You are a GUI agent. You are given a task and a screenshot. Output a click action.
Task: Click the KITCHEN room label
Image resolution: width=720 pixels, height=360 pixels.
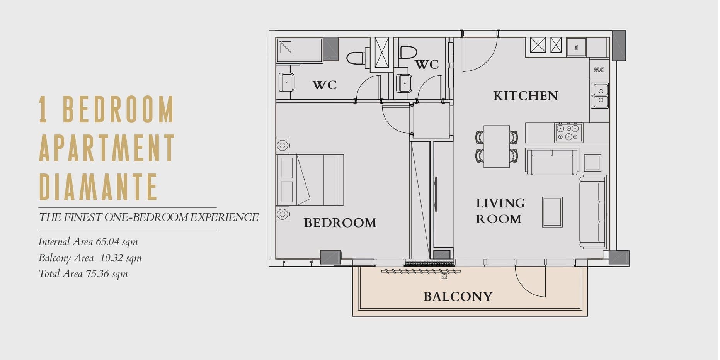(x=526, y=95)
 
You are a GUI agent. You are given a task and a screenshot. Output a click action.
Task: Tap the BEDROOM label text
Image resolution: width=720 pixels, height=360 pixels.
(x=340, y=223)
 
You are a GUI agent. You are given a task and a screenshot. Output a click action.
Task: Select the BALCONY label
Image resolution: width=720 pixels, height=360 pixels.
(x=458, y=297)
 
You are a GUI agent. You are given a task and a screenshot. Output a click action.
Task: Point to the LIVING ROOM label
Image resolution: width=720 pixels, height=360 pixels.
(x=500, y=211)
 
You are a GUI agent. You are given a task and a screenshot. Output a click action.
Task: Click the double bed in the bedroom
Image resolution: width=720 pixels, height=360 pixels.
(x=310, y=180)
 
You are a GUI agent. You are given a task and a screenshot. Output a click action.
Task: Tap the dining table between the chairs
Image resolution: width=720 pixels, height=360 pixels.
(x=497, y=146)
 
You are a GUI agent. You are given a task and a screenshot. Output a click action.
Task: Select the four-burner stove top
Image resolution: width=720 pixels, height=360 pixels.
(x=569, y=132)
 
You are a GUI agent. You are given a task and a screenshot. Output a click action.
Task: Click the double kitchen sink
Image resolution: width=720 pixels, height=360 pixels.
(x=600, y=95)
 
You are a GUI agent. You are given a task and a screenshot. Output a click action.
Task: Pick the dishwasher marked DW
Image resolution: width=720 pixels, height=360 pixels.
(x=599, y=70)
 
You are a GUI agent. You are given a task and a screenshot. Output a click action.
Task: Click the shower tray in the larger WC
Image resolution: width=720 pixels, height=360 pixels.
(x=300, y=50)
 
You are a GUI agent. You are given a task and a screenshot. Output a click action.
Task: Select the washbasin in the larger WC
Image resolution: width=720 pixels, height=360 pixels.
(x=286, y=82)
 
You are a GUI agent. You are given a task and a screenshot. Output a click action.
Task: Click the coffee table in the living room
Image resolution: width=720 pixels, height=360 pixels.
(x=552, y=212)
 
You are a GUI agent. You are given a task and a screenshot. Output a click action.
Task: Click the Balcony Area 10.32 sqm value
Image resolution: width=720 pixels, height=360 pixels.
(x=121, y=258)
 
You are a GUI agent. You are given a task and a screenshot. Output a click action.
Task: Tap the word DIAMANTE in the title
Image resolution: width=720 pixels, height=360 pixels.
(x=98, y=187)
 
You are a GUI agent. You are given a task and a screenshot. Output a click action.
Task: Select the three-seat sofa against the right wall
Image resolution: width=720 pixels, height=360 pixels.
(x=593, y=212)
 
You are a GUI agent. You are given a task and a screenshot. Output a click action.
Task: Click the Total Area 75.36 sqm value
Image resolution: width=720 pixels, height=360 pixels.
(x=107, y=274)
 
